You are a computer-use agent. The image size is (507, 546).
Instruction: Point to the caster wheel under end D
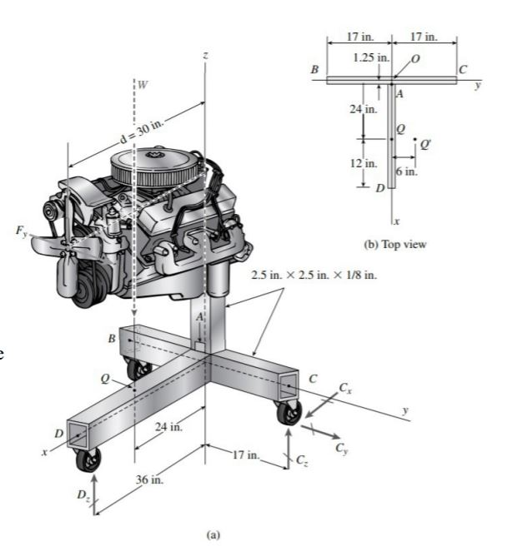tap(86, 458)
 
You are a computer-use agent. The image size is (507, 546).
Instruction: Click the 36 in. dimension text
tap(148, 481)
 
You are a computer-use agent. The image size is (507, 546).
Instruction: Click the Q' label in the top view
tap(425, 144)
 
